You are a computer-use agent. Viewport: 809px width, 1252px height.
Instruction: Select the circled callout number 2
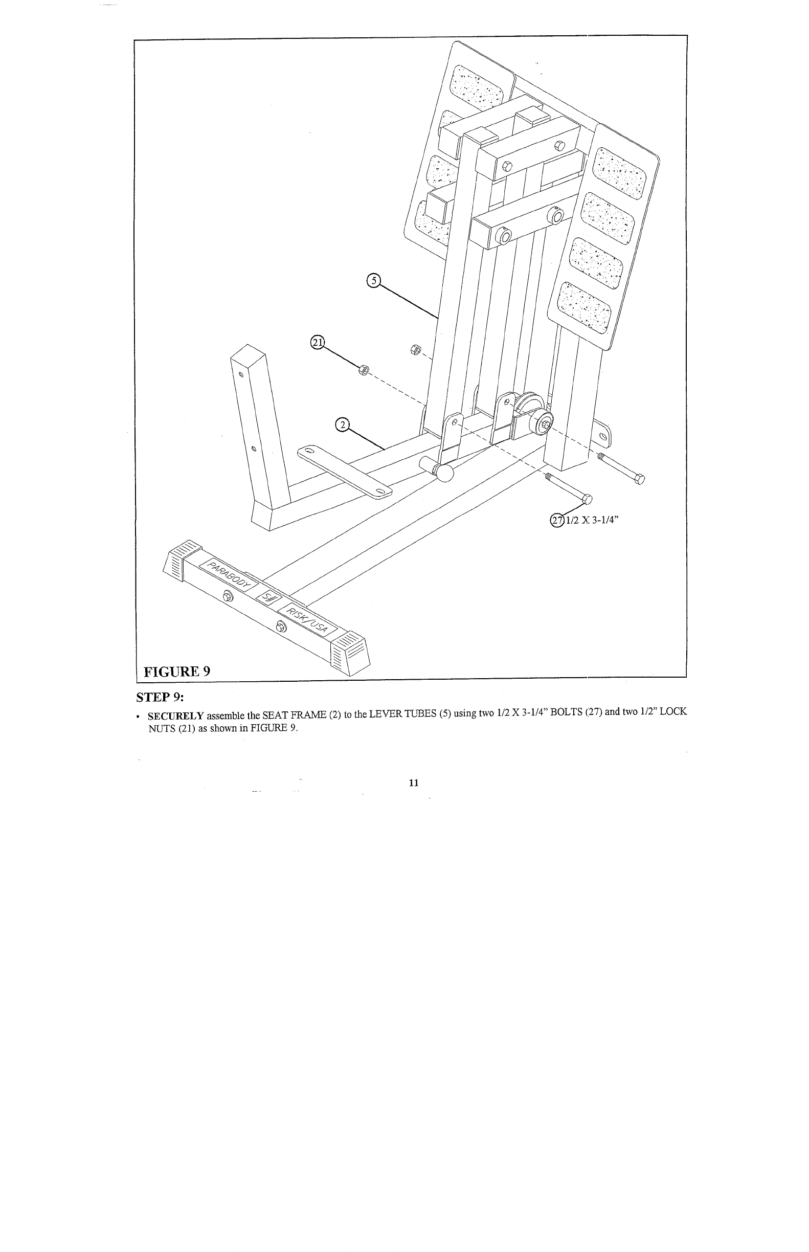click(342, 425)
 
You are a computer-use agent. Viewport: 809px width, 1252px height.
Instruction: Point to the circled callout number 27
click(556, 520)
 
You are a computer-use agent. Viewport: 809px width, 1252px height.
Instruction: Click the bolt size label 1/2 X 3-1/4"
click(592, 520)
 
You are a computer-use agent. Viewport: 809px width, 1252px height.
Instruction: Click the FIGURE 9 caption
click(177, 671)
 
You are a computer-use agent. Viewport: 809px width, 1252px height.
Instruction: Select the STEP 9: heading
click(160, 697)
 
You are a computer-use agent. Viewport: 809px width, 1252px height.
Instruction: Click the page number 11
click(413, 782)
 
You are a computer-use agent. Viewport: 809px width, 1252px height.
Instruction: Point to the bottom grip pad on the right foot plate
click(584, 306)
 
